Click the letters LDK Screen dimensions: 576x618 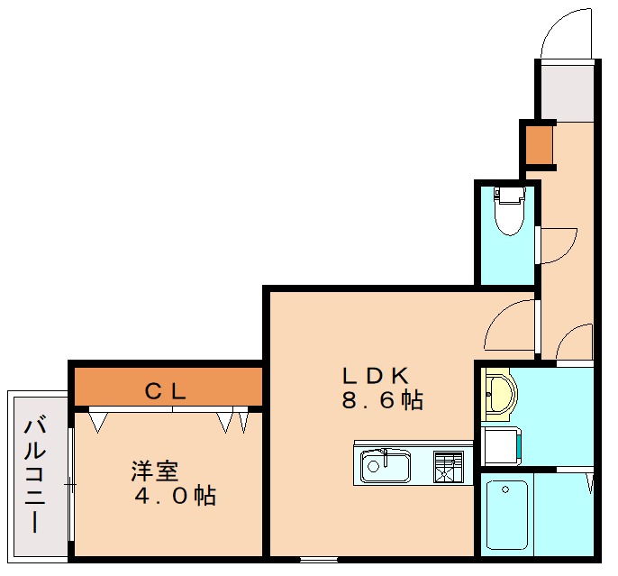[376, 374]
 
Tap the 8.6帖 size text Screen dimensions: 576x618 [382, 400]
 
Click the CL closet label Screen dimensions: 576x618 [167, 391]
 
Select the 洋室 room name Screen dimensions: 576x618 [154, 471]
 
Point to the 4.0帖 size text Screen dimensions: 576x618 [175, 495]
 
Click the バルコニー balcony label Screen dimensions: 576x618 [36, 474]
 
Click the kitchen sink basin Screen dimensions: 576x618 [386, 468]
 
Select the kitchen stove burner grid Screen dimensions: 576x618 [448, 467]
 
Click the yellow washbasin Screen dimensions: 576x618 [496, 394]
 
